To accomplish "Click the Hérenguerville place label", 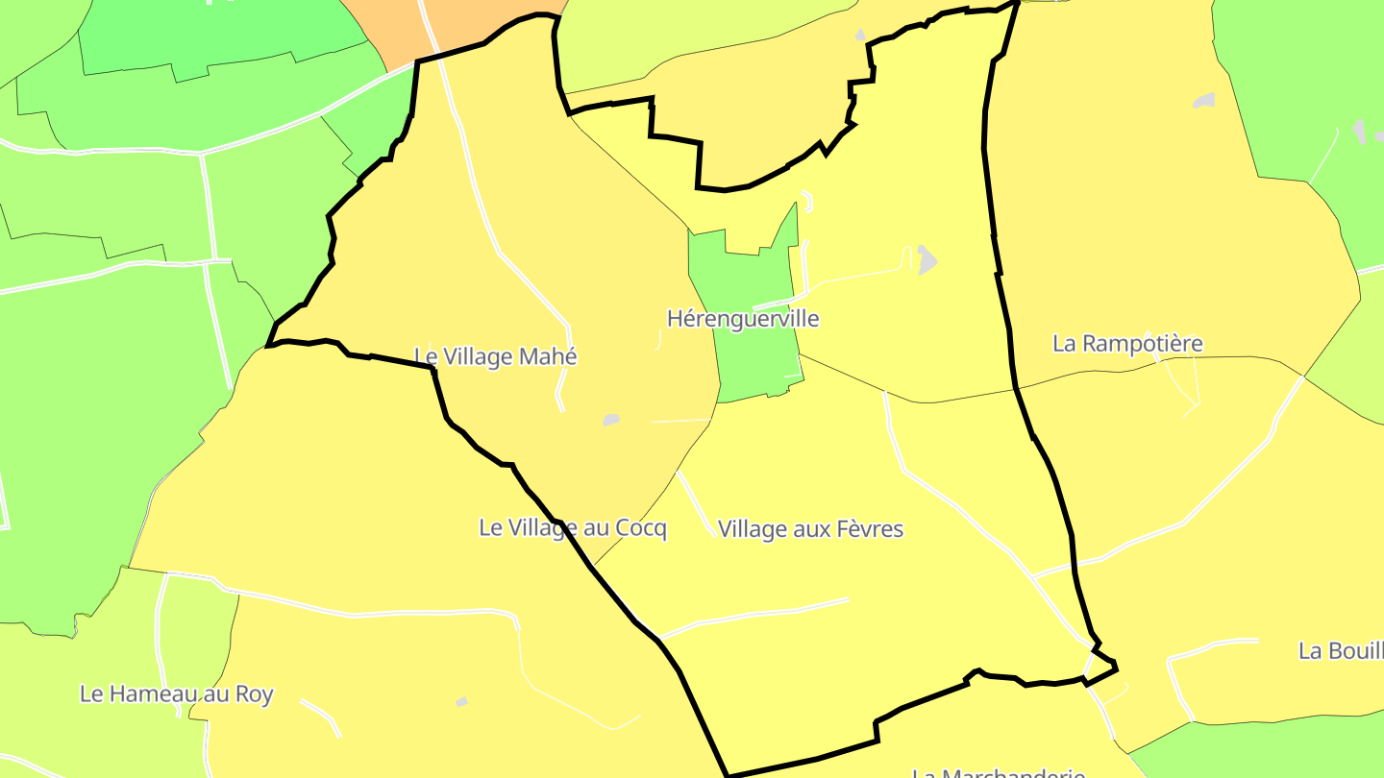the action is click(743, 319).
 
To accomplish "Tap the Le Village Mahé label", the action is click(496, 357).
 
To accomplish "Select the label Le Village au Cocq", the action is click(573, 528).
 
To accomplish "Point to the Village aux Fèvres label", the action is click(810, 529).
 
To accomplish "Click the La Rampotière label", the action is click(1127, 344).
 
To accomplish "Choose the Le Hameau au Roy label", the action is click(177, 693).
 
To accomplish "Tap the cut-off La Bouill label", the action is click(1341, 650).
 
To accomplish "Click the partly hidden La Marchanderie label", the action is click(999, 772).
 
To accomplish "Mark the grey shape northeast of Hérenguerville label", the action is click(926, 259).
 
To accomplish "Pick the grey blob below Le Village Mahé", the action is click(610, 420).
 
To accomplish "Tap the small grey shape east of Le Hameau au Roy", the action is click(461, 702).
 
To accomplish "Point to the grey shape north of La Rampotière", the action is click(1203, 101).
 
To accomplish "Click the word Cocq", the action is click(641, 528).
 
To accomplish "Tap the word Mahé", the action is click(548, 357).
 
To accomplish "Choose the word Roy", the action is click(255, 693).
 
